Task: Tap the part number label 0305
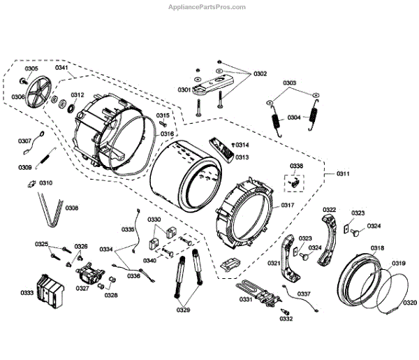click(32, 69)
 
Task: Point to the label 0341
click(62, 68)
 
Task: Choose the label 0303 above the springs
click(290, 82)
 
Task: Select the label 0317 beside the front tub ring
click(288, 205)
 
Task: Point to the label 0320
click(410, 303)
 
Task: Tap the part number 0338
click(297, 166)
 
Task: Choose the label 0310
click(46, 182)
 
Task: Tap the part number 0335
click(128, 229)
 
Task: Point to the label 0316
click(167, 134)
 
